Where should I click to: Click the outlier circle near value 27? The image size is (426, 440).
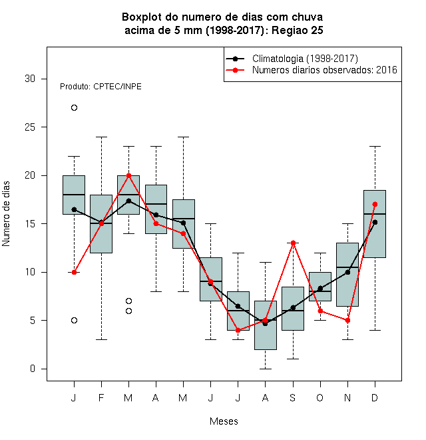[74, 108]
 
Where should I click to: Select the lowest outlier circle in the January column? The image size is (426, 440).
[74, 320]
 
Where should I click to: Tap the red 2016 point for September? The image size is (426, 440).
[293, 243]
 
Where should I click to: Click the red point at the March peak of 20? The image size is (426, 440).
[128, 175]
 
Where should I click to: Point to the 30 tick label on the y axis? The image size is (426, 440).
[30, 79]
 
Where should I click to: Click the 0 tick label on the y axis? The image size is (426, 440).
[33, 369]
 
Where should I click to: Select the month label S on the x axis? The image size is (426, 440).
[293, 397]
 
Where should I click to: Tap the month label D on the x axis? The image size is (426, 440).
[375, 397]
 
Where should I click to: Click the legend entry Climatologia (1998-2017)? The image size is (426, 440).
[305, 59]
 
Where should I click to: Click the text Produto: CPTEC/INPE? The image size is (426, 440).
[101, 87]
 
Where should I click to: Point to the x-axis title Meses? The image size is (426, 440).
[224, 421]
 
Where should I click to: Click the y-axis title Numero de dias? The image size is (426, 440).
[6, 214]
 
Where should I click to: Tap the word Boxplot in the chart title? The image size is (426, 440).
[142, 17]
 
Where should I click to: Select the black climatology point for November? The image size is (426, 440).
[347, 272]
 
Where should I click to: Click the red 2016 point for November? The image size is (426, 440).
[347, 320]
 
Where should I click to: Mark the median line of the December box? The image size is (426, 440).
[375, 214]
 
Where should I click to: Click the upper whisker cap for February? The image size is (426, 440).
[101, 137]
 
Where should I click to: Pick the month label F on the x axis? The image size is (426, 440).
[101, 397]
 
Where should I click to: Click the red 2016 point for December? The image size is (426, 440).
[375, 204]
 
